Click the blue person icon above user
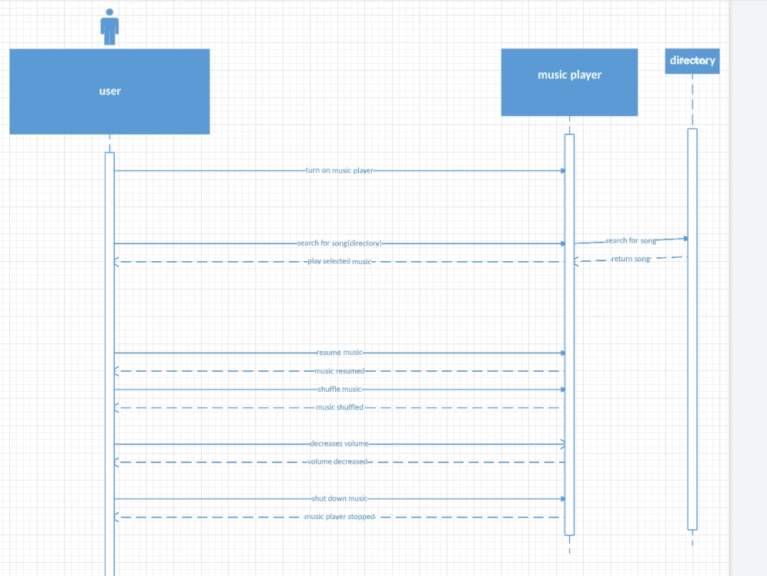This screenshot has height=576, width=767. (x=110, y=26)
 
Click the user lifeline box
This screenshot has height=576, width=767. (x=110, y=91)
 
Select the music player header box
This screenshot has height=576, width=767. (x=569, y=82)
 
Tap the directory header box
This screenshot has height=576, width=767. (x=693, y=61)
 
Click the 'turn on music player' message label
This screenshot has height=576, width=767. (x=339, y=170)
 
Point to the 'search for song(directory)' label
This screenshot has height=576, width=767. (x=339, y=243)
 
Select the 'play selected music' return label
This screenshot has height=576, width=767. (x=339, y=262)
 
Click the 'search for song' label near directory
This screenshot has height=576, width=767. (x=630, y=241)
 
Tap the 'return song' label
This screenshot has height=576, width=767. (x=630, y=259)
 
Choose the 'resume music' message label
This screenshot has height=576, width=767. (x=339, y=353)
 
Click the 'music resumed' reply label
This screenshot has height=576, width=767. (x=339, y=371)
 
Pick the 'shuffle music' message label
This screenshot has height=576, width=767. (x=339, y=389)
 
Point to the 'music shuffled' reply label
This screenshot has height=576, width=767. (x=339, y=408)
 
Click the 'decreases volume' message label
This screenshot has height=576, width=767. (x=339, y=444)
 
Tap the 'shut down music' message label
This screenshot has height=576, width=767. (x=339, y=498)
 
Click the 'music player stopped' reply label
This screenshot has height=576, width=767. (x=339, y=517)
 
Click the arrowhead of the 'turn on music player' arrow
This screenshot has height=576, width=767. (x=562, y=170)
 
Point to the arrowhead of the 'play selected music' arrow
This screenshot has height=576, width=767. (x=117, y=262)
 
